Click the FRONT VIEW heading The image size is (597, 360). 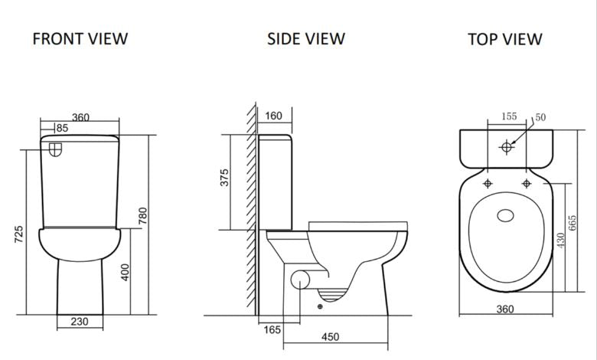tap(80, 38)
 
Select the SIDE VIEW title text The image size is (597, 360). tap(305, 38)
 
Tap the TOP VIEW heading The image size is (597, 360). tap(504, 39)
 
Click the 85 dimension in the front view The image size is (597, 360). tap(62, 128)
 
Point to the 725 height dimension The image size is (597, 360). tap(19, 234)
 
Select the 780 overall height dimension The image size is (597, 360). tap(142, 216)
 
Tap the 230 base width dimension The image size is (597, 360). tap(80, 322)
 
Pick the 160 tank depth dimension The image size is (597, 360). tap(273, 116)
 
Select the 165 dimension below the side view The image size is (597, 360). tap(272, 330)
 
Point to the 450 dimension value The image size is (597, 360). tap(330, 337)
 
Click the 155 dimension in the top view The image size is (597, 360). tap(509, 116)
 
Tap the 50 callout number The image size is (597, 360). tap(540, 117)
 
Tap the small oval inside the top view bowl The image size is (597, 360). tap(506, 215)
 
